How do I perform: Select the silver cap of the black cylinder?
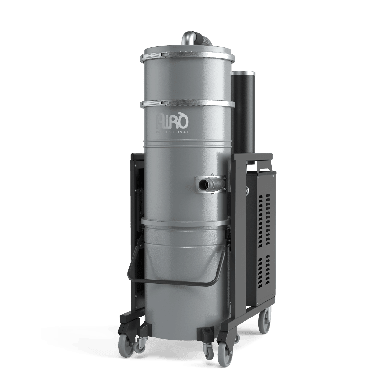pos(244,74)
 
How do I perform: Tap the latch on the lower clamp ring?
pos(164,102)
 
